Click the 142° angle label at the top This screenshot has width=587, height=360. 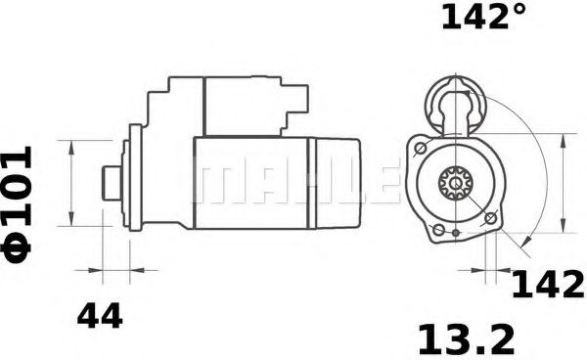click(x=484, y=19)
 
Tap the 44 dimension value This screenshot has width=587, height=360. click(x=100, y=316)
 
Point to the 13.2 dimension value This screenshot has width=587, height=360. click(x=467, y=338)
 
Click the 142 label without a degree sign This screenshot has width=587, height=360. click(x=547, y=285)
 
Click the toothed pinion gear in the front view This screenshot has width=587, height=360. click(x=454, y=182)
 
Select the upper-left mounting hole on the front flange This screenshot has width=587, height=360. click(x=420, y=148)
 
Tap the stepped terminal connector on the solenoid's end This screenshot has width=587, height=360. click(x=293, y=106)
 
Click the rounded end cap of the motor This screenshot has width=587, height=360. click(x=336, y=182)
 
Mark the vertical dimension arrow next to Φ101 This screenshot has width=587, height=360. click(x=73, y=182)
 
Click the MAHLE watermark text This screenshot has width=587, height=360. click(x=293, y=182)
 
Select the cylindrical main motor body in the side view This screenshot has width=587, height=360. click(x=249, y=182)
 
